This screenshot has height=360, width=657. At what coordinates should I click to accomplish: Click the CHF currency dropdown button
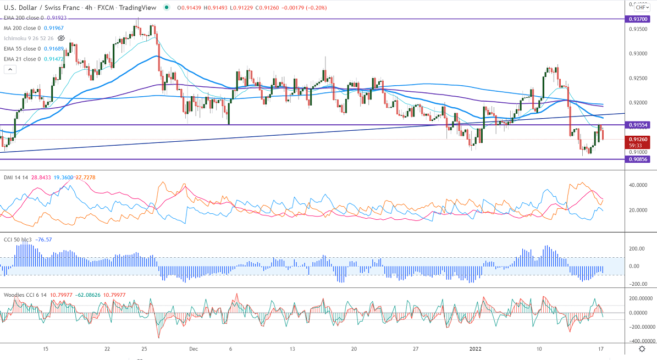click(641, 7)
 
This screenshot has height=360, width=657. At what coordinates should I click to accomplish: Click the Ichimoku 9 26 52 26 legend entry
click(27, 38)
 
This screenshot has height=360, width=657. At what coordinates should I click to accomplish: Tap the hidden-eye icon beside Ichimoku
click(61, 38)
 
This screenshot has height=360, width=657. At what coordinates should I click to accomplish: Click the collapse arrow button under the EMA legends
click(9, 70)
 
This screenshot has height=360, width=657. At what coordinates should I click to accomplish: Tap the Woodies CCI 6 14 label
click(25, 295)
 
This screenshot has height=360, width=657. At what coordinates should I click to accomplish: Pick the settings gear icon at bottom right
click(641, 349)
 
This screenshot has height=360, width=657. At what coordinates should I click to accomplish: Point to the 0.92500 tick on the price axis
click(639, 79)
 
